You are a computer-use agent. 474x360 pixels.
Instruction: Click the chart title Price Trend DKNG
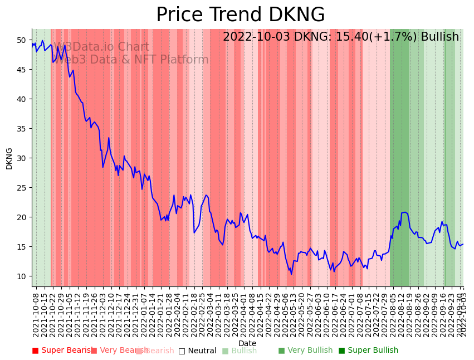(x=240, y=15)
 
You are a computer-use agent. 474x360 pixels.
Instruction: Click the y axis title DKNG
(x=9, y=158)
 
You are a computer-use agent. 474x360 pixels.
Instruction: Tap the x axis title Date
(x=247, y=343)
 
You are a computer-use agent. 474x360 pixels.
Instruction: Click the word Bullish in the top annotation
(x=439, y=37)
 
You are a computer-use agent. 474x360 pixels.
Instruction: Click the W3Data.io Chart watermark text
(x=101, y=47)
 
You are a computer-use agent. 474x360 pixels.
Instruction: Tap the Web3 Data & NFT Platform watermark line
(x=131, y=60)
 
